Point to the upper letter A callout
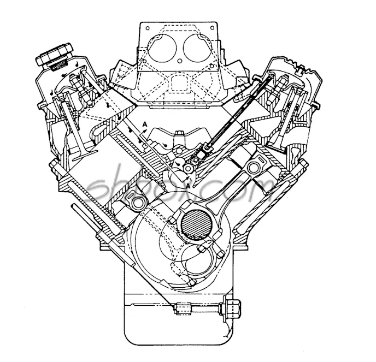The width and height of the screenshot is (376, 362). (144, 124)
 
